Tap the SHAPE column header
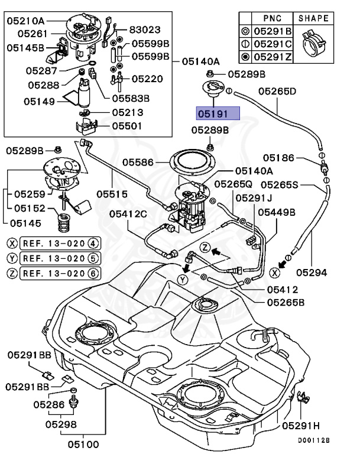point(313,18)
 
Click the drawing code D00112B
point(313,440)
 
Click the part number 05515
point(112,193)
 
